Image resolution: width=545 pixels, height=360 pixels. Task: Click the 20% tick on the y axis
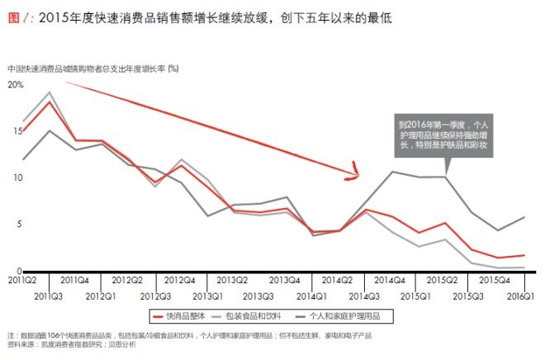tap(15, 84)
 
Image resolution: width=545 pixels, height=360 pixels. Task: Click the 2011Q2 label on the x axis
tap(23, 281)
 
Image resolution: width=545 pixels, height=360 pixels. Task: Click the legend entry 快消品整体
tap(187, 315)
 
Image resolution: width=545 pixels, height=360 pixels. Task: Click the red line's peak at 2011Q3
tap(50, 102)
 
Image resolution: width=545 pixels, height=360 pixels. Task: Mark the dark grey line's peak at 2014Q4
tap(391, 172)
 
